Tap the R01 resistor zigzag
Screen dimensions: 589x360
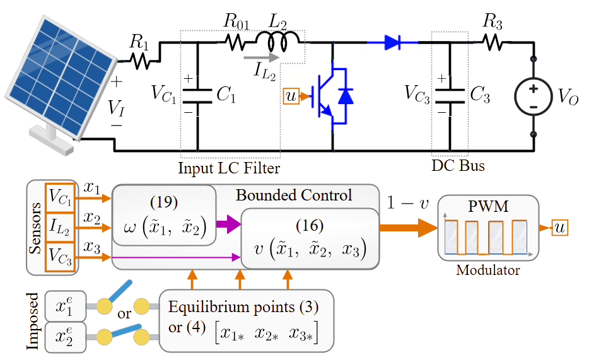click(x=235, y=43)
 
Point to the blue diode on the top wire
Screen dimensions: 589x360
click(x=392, y=42)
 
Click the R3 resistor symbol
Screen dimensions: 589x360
click(x=494, y=42)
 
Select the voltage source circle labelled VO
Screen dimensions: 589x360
click(x=534, y=96)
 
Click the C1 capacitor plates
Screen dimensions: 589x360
click(x=197, y=96)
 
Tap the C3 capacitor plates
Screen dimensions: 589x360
click(x=450, y=96)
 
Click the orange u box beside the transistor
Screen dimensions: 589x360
click(x=291, y=96)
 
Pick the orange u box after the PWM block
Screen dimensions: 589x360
click(x=560, y=228)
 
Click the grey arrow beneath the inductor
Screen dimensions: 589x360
click(x=262, y=58)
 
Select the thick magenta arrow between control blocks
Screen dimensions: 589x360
click(x=228, y=224)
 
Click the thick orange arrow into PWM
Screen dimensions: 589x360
click(x=409, y=228)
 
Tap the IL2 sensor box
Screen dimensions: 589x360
click(x=60, y=227)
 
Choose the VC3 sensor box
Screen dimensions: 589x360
click(x=60, y=257)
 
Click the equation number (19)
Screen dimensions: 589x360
click(x=164, y=202)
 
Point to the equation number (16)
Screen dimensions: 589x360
click(x=310, y=225)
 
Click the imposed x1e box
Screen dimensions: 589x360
click(x=66, y=306)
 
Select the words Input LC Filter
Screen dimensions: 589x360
click(x=229, y=168)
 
